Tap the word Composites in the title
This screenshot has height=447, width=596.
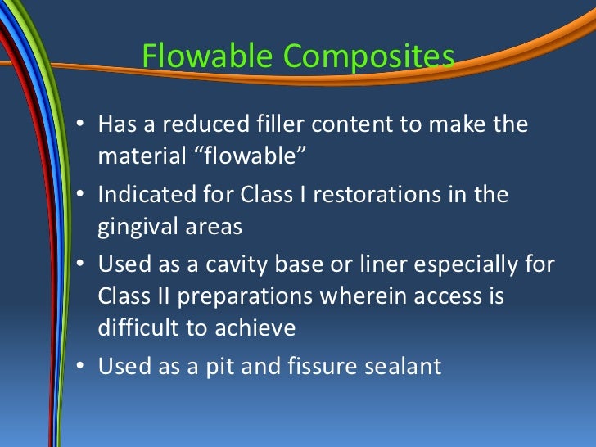click(x=369, y=57)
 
